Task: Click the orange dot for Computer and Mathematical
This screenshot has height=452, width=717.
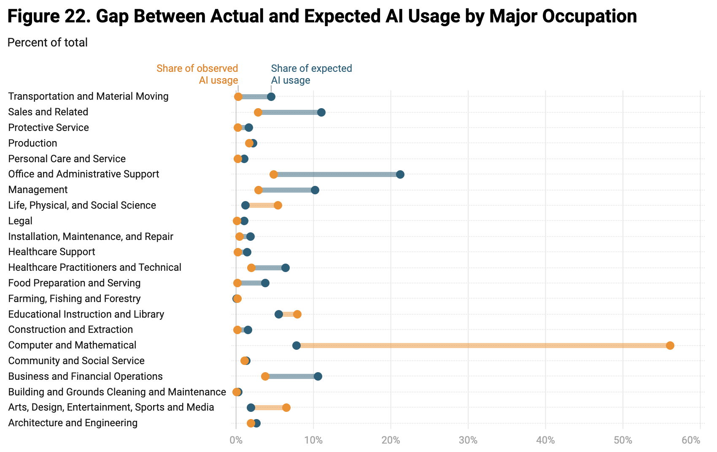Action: [670, 346]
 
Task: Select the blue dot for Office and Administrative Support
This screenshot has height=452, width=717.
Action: [400, 174]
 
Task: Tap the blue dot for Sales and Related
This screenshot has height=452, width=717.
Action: [321, 112]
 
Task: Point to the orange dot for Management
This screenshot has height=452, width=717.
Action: [259, 190]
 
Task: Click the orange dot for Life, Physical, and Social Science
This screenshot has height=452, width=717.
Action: [278, 205]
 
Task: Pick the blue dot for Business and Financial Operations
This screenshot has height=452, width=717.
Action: [318, 376]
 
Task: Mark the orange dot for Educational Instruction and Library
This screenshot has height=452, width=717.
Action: [297, 314]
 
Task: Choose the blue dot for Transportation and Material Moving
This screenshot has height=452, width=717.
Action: [271, 97]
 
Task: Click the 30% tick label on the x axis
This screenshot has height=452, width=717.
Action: [468, 440]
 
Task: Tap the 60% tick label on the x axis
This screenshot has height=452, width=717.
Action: [691, 440]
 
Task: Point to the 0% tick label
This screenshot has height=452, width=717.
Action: [236, 440]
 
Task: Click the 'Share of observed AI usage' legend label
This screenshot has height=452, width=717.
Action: [197, 74]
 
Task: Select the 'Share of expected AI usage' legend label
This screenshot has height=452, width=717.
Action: [311, 74]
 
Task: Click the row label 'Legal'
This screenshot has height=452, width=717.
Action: [20, 221]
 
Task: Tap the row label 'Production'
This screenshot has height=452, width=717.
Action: [32, 143]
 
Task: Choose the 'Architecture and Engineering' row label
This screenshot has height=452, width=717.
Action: [73, 423]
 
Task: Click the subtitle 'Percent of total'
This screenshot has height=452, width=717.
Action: [47, 43]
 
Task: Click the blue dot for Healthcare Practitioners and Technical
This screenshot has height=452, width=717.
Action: [286, 268]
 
